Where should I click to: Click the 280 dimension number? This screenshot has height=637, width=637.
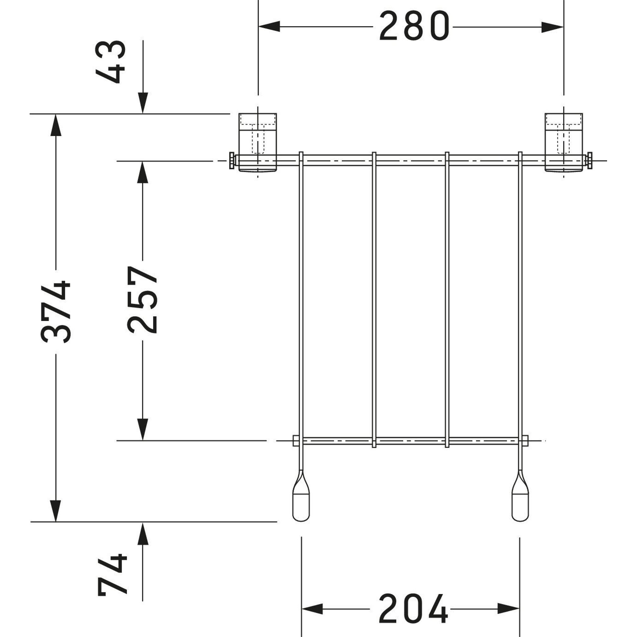[414, 26]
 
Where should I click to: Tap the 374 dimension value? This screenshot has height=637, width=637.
[55, 311]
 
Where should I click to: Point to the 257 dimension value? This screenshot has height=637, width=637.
[142, 300]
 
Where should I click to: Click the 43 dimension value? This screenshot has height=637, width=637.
[111, 62]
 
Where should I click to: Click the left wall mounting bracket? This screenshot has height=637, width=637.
[257, 142]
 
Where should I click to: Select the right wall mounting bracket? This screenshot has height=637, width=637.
[564, 142]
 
